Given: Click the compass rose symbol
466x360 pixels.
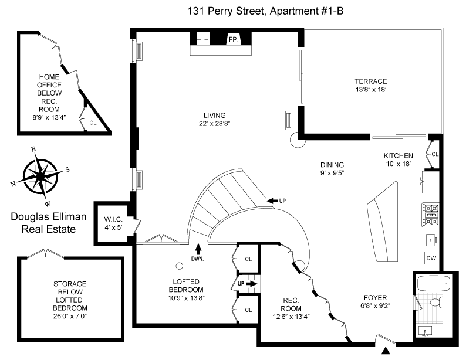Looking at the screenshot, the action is point(39,174).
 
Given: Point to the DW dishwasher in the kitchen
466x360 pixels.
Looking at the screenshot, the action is point(431,258).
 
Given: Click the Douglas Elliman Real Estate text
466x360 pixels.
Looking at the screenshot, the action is point(48,223).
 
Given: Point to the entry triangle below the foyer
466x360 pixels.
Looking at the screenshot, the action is point(386,351).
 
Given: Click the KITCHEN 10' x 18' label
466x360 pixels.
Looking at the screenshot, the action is point(399,159).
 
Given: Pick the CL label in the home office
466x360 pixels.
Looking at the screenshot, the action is point(93,123).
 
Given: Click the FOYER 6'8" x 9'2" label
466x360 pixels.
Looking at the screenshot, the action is point(376,301).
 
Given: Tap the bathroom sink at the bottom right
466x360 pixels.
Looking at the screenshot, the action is point(426,332).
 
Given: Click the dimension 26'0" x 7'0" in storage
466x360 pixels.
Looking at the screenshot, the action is point(70,317).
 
